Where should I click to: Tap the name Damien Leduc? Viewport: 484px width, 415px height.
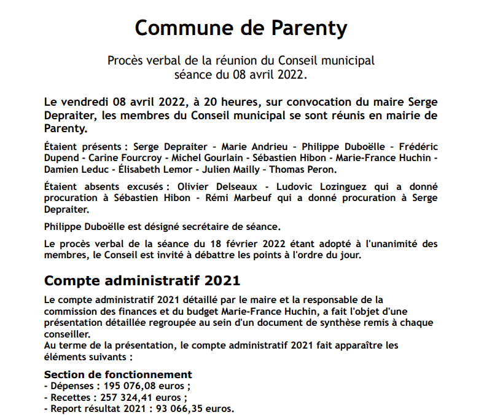pos(71,169)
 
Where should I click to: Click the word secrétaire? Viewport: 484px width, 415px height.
pos(203,226)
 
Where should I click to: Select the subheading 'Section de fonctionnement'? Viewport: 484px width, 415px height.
pos(119,374)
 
